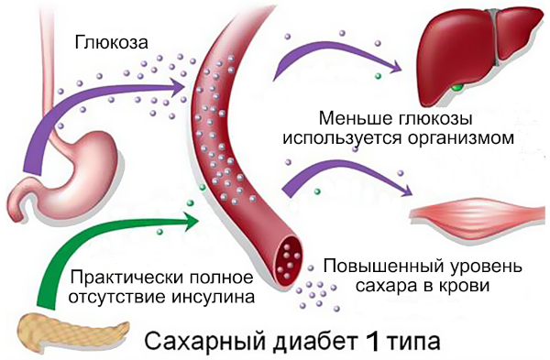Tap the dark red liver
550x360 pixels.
tap(468, 46)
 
